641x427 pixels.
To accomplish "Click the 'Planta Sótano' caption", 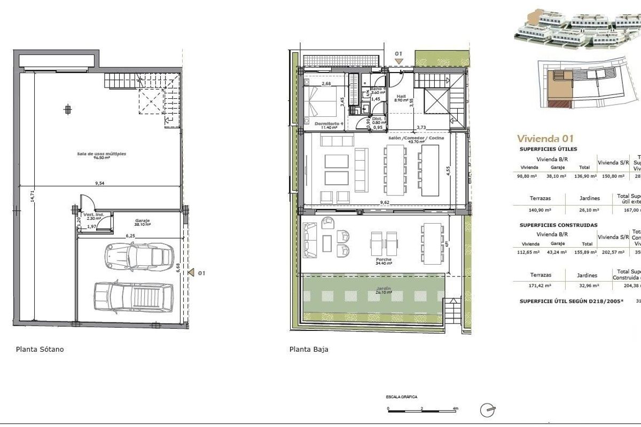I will (x=40, y=350).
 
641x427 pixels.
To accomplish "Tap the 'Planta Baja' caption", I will (x=309, y=350).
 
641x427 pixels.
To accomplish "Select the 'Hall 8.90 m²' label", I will (x=402, y=98).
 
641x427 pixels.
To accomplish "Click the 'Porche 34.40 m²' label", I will (x=384, y=262).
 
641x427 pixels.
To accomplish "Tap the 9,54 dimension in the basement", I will (x=99, y=183).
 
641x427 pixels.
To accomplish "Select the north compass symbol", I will (x=487, y=410).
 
